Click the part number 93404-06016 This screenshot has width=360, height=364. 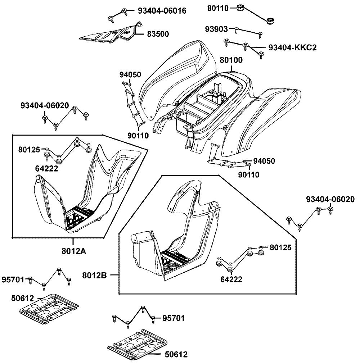(x=162, y=11)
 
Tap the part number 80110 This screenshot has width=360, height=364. (x=218, y=8)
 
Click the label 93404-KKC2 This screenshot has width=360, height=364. (x=292, y=47)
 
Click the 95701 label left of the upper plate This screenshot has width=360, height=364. (x=13, y=279)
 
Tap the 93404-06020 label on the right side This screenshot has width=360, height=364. (x=330, y=199)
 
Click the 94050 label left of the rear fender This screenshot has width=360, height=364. (x=130, y=75)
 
